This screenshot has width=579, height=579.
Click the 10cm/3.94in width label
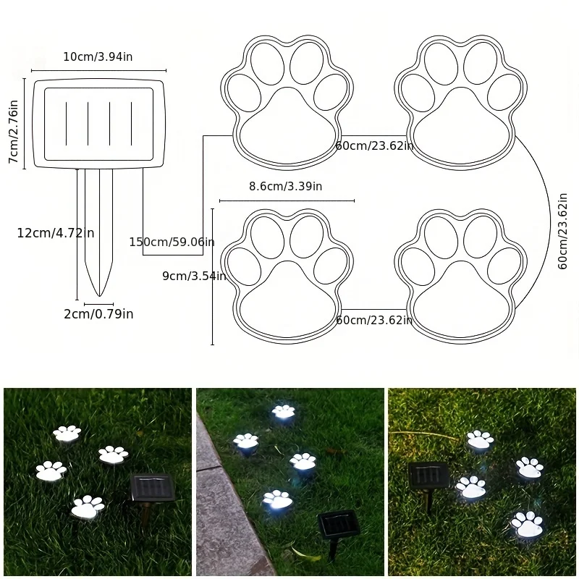pos(98,57)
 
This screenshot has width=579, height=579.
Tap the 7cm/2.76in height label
pos(14,131)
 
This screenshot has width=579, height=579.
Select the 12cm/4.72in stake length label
pos(56,233)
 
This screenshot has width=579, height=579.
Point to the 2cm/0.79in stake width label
pos(98,314)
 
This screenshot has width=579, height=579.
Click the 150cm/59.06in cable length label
pos(172,242)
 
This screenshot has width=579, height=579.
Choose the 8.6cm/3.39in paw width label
pos(285,186)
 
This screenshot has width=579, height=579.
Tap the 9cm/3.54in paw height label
pos(194,276)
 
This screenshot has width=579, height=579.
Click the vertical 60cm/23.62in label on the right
pos(562,231)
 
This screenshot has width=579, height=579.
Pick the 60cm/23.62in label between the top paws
pos(374,146)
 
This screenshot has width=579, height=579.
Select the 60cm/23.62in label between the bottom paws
pos(374,320)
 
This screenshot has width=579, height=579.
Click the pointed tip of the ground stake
pos(99,296)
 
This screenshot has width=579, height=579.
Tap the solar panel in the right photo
pos(428,476)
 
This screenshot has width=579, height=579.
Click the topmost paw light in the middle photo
pos(284,412)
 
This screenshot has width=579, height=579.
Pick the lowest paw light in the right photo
pos(527,524)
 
